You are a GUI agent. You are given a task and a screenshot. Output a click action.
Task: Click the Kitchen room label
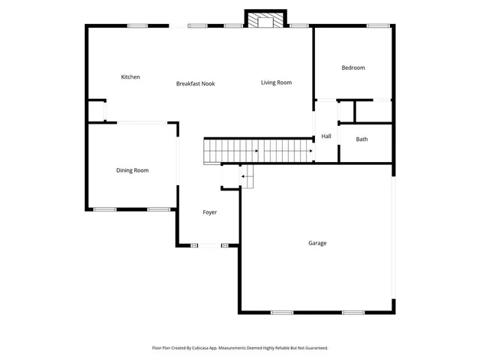click(x=130, y=77)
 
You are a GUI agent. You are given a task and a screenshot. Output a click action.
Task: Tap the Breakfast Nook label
click(x=196, y=83)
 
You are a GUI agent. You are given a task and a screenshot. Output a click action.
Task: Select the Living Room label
click(x=276, y=82)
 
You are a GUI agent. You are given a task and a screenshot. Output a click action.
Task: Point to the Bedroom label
click(x=353, y=68)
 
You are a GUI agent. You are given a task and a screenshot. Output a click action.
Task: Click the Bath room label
click(x=362, y=139)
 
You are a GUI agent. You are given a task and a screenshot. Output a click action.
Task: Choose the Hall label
click(x=326, y=136)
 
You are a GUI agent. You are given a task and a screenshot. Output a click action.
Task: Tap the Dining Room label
click(x=132, y=170)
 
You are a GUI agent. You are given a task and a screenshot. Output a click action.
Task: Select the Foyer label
click(x=210, y=212)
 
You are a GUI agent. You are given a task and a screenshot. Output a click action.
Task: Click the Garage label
click(x=317, y=243)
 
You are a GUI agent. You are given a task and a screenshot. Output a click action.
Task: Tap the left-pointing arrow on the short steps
click(x=244, y=176)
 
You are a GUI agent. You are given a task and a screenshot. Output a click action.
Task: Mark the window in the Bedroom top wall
click(x=377, y=26)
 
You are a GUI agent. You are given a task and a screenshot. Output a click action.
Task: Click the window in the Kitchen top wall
click(x=137, y=26)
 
